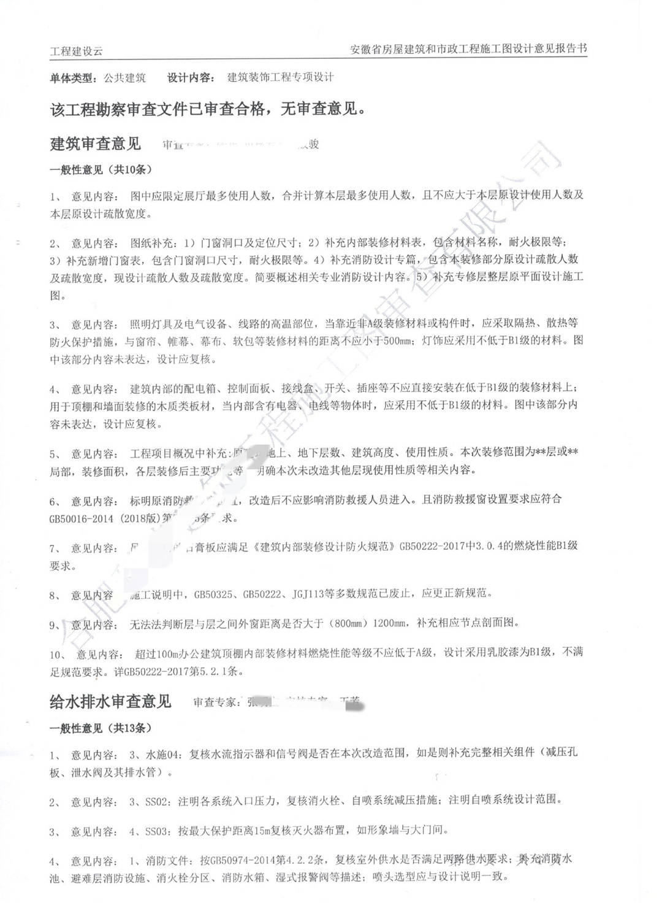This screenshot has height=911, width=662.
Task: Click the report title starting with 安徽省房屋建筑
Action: coord(468,49)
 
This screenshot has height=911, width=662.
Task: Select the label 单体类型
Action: coord(72,78)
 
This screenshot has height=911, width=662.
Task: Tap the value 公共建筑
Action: coord(124,78)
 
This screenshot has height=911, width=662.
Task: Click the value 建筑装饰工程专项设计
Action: coord(281,77)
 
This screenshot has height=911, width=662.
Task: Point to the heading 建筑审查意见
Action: coord(95,144)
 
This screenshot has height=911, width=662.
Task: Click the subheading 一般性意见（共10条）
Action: coord(101,170)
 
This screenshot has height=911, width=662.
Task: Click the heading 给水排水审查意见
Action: coord(110,701)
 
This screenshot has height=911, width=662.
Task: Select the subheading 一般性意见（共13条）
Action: coord(101,728)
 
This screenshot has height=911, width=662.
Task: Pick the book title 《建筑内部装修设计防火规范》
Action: coord(324,545)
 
